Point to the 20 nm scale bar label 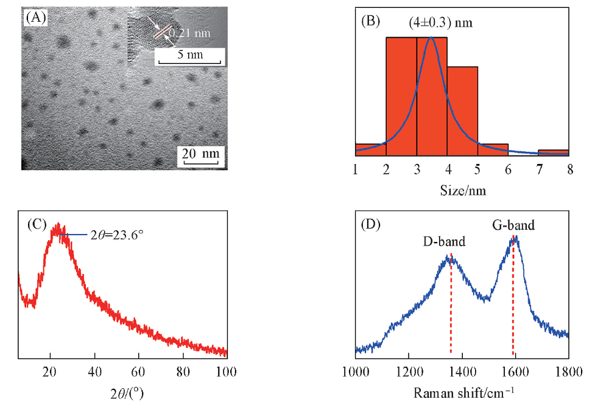200,154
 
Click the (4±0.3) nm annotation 441,23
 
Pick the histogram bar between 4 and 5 462,111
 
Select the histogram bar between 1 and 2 370,149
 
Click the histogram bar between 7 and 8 554,152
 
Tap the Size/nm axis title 463,191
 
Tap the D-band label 445,242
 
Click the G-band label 513,225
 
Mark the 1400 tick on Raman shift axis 462,370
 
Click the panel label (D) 370,225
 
